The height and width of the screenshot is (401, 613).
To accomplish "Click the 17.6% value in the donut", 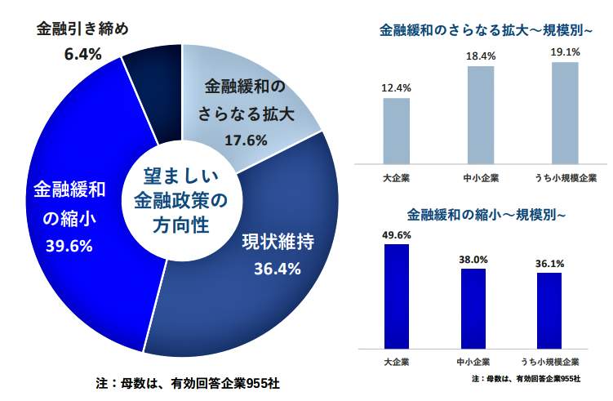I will coord(246,140).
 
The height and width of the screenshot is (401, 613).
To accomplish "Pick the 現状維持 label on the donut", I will coord(278,242).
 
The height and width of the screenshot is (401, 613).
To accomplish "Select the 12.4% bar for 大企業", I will coord(396,131).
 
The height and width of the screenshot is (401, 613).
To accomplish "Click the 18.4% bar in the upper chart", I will coord(481,114).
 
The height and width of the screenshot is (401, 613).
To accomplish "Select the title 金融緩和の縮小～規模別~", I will coord(486,216).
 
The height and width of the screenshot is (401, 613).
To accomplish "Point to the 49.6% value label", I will coord(396,235).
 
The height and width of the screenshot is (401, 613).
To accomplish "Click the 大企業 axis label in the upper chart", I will coord(396,178).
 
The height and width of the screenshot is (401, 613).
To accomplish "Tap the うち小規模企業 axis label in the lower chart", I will coord(549,361).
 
